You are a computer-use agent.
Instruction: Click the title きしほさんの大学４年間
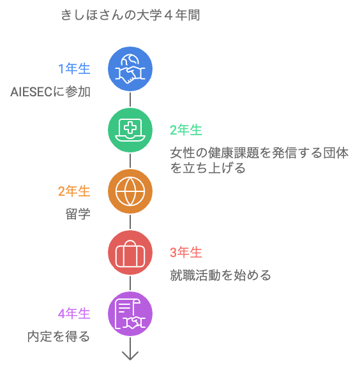130,15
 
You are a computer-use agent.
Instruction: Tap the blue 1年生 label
74,69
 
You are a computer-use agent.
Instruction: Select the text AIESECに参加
50,92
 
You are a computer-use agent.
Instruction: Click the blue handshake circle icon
130,69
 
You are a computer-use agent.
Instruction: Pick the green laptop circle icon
130,130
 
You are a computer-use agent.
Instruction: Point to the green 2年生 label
186,130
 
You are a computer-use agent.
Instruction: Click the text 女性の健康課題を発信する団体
259,153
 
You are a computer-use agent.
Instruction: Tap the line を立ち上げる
207,168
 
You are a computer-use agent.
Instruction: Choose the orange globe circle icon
130,191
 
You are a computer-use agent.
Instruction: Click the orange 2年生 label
74,191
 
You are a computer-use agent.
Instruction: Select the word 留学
78,214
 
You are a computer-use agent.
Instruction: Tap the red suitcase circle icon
130,253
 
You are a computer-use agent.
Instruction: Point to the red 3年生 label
186,253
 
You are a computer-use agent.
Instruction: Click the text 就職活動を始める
220,276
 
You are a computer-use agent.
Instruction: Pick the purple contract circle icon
130,314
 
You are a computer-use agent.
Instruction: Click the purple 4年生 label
74,314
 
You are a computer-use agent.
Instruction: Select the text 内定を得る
59,337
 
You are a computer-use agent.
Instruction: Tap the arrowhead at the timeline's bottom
130,358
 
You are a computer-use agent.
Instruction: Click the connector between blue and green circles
130,99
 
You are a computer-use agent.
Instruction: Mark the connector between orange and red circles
130,222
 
